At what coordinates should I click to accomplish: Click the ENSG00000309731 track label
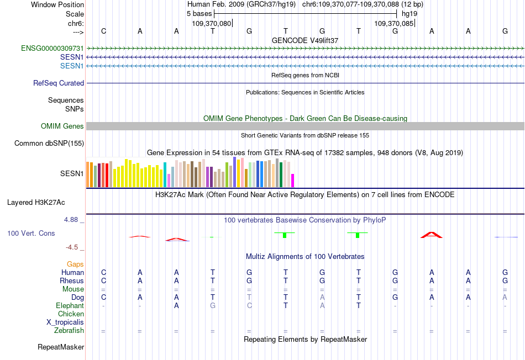point(53,49)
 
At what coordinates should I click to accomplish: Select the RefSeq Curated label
point(59,83)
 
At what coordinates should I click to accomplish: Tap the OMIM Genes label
point(62,126)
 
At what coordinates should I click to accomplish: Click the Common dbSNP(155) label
point(49,144)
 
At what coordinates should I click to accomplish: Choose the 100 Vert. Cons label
point(31,234)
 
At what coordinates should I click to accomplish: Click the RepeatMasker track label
point(61,347)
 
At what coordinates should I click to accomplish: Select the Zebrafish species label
point(69,330)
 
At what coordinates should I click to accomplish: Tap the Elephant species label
point(70,305)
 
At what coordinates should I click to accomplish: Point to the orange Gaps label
point(75,264)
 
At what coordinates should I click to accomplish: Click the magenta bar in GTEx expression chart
point(293,181)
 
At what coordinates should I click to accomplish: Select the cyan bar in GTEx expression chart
point(165,174)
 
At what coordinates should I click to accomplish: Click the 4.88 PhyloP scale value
point(71,220)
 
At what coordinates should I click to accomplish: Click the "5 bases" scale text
point(199,13)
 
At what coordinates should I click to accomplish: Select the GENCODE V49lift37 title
point(305,40)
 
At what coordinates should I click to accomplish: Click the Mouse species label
point(73,289)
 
